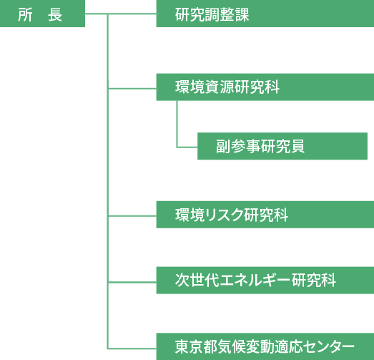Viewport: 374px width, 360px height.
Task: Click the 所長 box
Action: pyautogui.click(x=42, y=14)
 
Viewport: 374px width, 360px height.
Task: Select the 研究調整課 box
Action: pyautogui.click(x=265, y=14)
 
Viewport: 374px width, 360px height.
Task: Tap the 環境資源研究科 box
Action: pyautogui.click(x=265, y=87)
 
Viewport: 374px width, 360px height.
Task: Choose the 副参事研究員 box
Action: pyautogui.click(x=282, y=146)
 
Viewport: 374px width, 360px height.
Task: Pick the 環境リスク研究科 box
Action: pyautogui.click(x=265, y=215)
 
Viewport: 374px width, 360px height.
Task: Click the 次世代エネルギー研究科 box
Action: pyautogui.click(x=265, y=281)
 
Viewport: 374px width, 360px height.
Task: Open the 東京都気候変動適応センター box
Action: pyautogui.click(x=265, y=346)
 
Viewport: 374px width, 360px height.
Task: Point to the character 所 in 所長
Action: pyautogui.click(x=25, y=15)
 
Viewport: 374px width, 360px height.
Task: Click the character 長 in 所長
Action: pyautogui.click(x=55, y=15)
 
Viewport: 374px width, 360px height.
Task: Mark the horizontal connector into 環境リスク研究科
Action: pyautogui.click(x=132, y=216)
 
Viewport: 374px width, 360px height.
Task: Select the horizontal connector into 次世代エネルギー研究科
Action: pyautogui.click(x=132, y=282)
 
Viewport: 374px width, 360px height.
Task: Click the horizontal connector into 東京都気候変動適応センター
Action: pyautogui.click(x=132, y=349)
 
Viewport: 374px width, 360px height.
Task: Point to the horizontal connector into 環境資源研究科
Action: pyautogui.click(x=132, y=89)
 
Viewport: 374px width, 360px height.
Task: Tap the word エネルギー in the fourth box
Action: pyautogui.click(x=255, y=281)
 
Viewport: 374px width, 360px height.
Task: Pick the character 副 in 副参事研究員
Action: pyautogui.click(x=223, y=146)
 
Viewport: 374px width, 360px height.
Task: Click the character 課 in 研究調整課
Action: pyautogui.click(x=242, y=15)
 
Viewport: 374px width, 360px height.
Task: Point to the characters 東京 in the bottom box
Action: pyautogui.click(x=190, y=347)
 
